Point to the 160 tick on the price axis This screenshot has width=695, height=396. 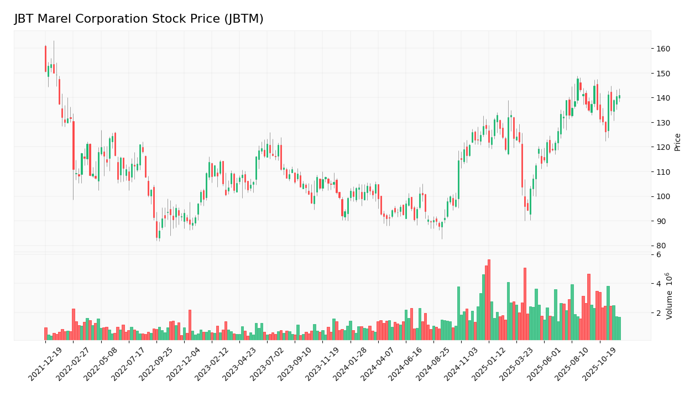click(663, 49)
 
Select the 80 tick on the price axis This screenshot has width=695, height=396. click(661, 246)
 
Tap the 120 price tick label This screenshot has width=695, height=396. click(663, 147)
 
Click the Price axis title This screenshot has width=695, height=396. click(677, 142)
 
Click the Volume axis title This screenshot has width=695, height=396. click(670, 295)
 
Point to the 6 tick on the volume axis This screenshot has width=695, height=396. click(658, 254)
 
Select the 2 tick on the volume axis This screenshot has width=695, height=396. click(658, 312)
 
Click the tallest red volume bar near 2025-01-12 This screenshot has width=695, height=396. click(489, 299)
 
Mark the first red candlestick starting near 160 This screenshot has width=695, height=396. click(45, 59)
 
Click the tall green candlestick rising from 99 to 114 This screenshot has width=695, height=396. click(458, 179)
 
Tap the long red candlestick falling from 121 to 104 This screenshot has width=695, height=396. click(522, 165)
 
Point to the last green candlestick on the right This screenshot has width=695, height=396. click(619, 97)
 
